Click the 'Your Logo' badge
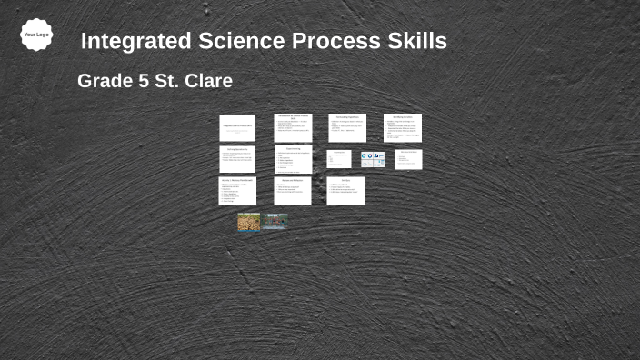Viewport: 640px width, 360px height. [36, 35]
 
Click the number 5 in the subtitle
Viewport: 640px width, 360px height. [143, 81]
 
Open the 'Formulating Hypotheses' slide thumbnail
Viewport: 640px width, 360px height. [346, 128]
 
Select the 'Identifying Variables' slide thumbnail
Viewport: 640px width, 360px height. [402, 128]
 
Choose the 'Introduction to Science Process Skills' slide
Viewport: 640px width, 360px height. [293, 128]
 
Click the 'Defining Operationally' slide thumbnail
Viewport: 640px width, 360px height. [237, 159]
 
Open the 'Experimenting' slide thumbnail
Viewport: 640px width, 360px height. [293, 159]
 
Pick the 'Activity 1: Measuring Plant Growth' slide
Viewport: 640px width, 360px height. [237, 191]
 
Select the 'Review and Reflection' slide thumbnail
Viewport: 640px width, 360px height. [293, 191]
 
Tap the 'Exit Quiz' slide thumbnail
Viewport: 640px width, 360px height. [346, 191]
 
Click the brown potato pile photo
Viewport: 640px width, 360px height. [249, 222]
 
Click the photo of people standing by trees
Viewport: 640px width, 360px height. [275, 222]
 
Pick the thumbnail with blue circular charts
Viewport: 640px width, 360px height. [373, 159]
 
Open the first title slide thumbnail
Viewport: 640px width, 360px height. [237, 128]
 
